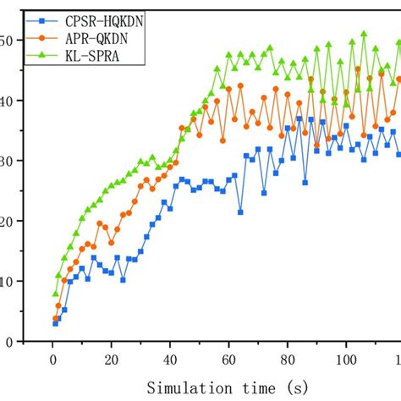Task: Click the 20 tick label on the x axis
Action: tap(110, 360)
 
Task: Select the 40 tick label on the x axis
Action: tap(169, 360)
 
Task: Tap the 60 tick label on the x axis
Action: tap(228, 360)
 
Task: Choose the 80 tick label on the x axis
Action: tap(287, 360)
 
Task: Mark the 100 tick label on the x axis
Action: tap(345, 360)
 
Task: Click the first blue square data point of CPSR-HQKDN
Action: tap(55, 323)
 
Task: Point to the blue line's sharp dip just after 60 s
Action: tap(240, 211)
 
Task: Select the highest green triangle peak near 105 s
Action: tap(364, 34)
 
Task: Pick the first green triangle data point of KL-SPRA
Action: tap(55, 294)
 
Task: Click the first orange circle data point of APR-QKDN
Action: tap(55, 319)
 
